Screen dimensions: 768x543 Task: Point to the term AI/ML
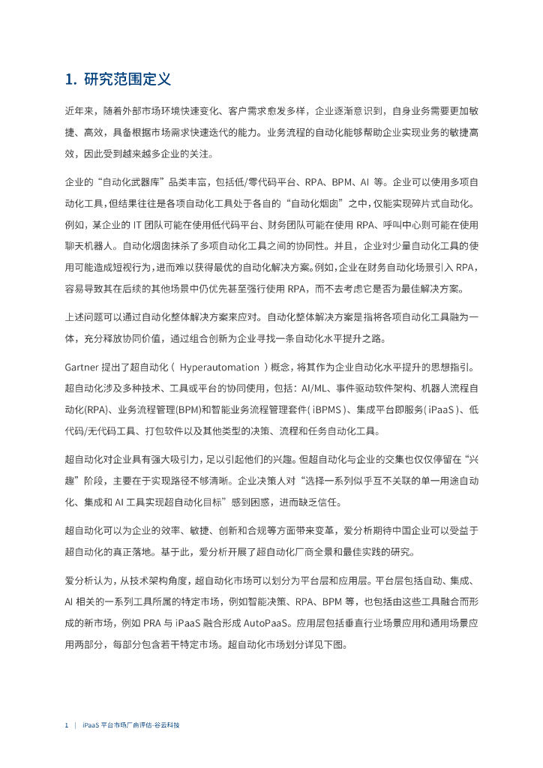[x=316, y=390]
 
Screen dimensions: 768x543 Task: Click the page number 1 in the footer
[x=67, y=726]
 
